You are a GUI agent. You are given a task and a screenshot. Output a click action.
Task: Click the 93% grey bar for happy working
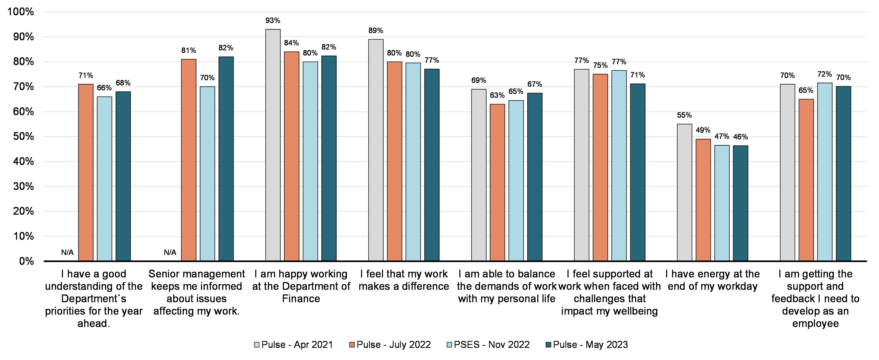273,145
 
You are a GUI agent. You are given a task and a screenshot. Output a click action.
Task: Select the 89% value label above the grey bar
376,31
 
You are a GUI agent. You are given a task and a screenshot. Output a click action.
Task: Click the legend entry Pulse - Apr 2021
293,345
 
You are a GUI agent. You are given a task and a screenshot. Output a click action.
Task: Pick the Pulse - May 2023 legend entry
587,345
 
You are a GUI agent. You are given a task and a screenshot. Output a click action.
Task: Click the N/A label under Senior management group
170,252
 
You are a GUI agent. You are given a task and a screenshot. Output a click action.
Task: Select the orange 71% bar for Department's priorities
86,172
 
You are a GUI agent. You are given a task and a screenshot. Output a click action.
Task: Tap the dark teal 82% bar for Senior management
226,159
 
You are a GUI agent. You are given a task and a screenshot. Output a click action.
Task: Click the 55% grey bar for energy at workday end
684,193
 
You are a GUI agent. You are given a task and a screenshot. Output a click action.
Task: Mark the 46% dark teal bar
740,203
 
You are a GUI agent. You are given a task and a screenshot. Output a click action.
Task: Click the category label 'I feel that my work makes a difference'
404,280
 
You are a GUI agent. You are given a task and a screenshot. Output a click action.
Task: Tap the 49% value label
703,130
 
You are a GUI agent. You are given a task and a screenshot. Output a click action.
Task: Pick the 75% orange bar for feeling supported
600,167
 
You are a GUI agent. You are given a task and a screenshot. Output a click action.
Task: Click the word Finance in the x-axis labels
301,299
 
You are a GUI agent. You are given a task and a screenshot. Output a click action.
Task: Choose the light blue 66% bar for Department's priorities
105,179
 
